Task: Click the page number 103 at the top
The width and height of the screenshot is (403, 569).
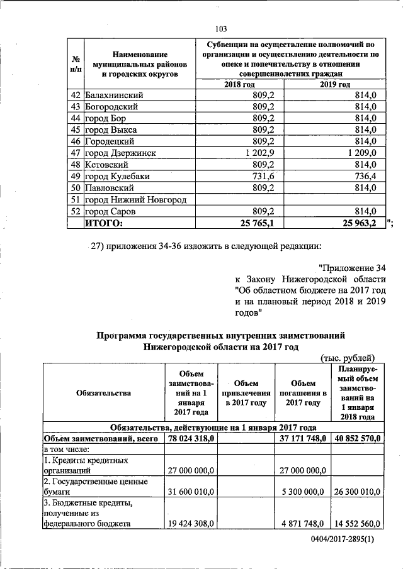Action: point(220,29)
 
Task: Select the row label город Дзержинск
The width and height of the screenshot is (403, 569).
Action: point(120,153)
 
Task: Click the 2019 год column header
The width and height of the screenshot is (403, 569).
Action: point(335,85)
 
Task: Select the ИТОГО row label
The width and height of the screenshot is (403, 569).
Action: point(105,222)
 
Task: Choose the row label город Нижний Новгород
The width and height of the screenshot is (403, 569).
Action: point(136,199)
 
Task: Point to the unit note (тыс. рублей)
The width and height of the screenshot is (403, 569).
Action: point(348,358)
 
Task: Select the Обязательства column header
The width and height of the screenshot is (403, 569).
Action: point(103,393)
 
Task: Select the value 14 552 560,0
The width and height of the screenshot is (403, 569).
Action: point(357,522)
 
